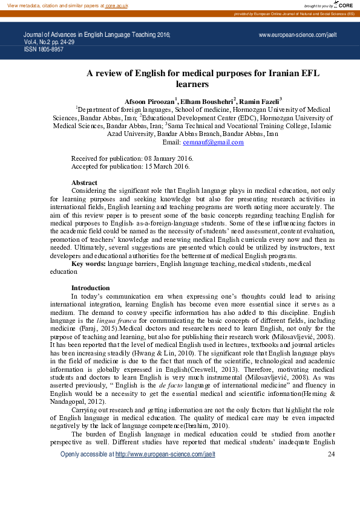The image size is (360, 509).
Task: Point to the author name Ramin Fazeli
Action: [x=260, y=100]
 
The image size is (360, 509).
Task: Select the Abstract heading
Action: [x=84, y=183]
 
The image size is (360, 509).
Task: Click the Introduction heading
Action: [x=90, y=288]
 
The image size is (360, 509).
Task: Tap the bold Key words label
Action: [x=89, y=264]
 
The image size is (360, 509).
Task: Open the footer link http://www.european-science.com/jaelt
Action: [x=165, y=471]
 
